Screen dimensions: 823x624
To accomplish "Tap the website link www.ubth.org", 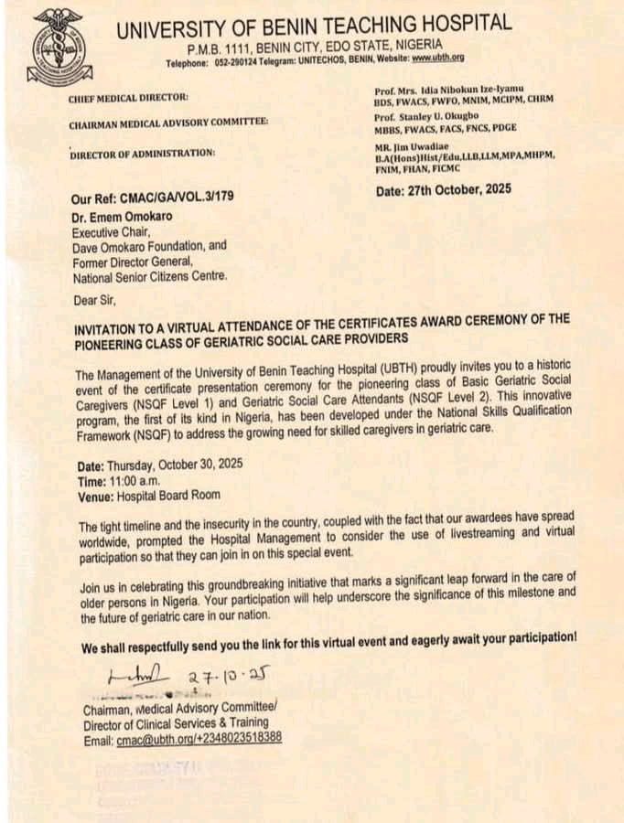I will pos(438,59).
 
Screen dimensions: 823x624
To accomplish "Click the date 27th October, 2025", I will pos(444,190).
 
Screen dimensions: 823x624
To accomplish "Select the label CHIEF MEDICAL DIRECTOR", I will pos(128,97).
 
